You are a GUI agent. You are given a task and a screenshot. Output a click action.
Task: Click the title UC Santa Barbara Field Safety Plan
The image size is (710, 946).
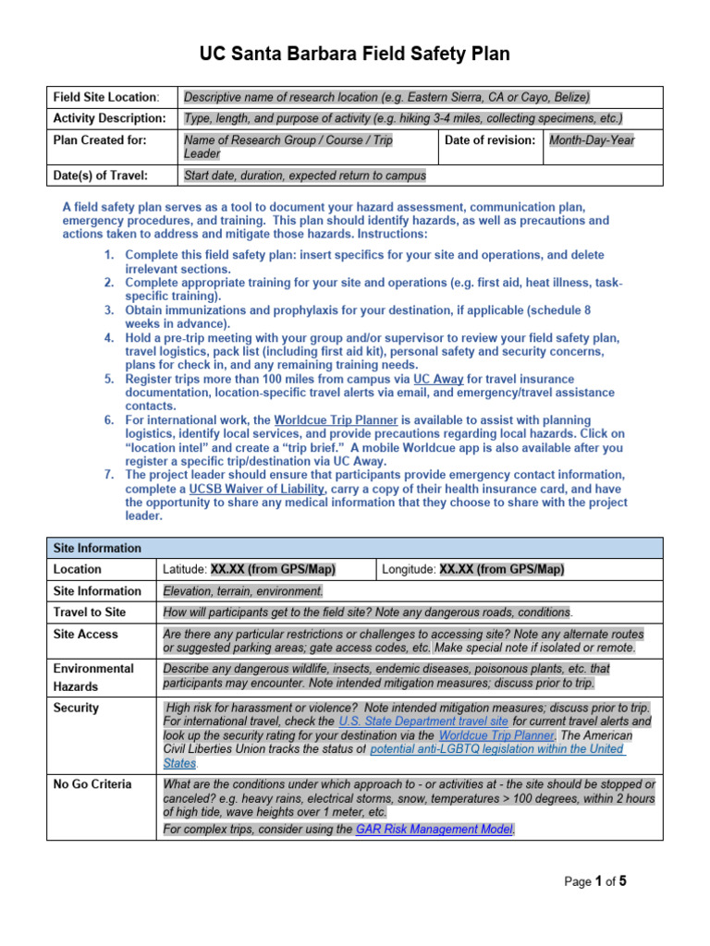tap(355, 55)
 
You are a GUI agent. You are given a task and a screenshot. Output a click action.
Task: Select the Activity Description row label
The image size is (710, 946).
tap(110, 118)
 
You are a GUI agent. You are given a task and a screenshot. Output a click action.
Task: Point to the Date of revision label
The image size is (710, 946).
tap(490, 139)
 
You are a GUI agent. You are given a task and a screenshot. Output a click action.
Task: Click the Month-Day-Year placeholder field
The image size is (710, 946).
tap(592, 139)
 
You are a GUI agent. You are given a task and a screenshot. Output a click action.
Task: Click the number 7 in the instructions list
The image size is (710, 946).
tap(108, 475)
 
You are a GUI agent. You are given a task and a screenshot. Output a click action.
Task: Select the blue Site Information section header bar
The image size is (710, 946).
tap(355, 548)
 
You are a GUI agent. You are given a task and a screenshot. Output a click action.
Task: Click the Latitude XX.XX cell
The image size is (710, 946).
tap(267, 569)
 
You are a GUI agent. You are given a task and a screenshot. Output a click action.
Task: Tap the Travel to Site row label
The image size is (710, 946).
tap(90, 612)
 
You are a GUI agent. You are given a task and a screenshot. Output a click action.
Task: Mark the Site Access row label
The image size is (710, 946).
tap(86, 634)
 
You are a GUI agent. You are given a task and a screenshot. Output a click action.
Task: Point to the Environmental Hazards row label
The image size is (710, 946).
tap(93, 677)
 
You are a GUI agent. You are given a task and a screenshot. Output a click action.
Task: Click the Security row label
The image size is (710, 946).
tap(76, 708)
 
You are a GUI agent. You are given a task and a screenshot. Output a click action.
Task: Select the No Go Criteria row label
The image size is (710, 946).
tap(92, 784)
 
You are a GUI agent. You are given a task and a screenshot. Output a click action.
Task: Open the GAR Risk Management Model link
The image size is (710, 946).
tap(435, 830)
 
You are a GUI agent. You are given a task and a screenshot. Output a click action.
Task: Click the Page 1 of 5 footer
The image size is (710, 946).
tap(595, 881)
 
